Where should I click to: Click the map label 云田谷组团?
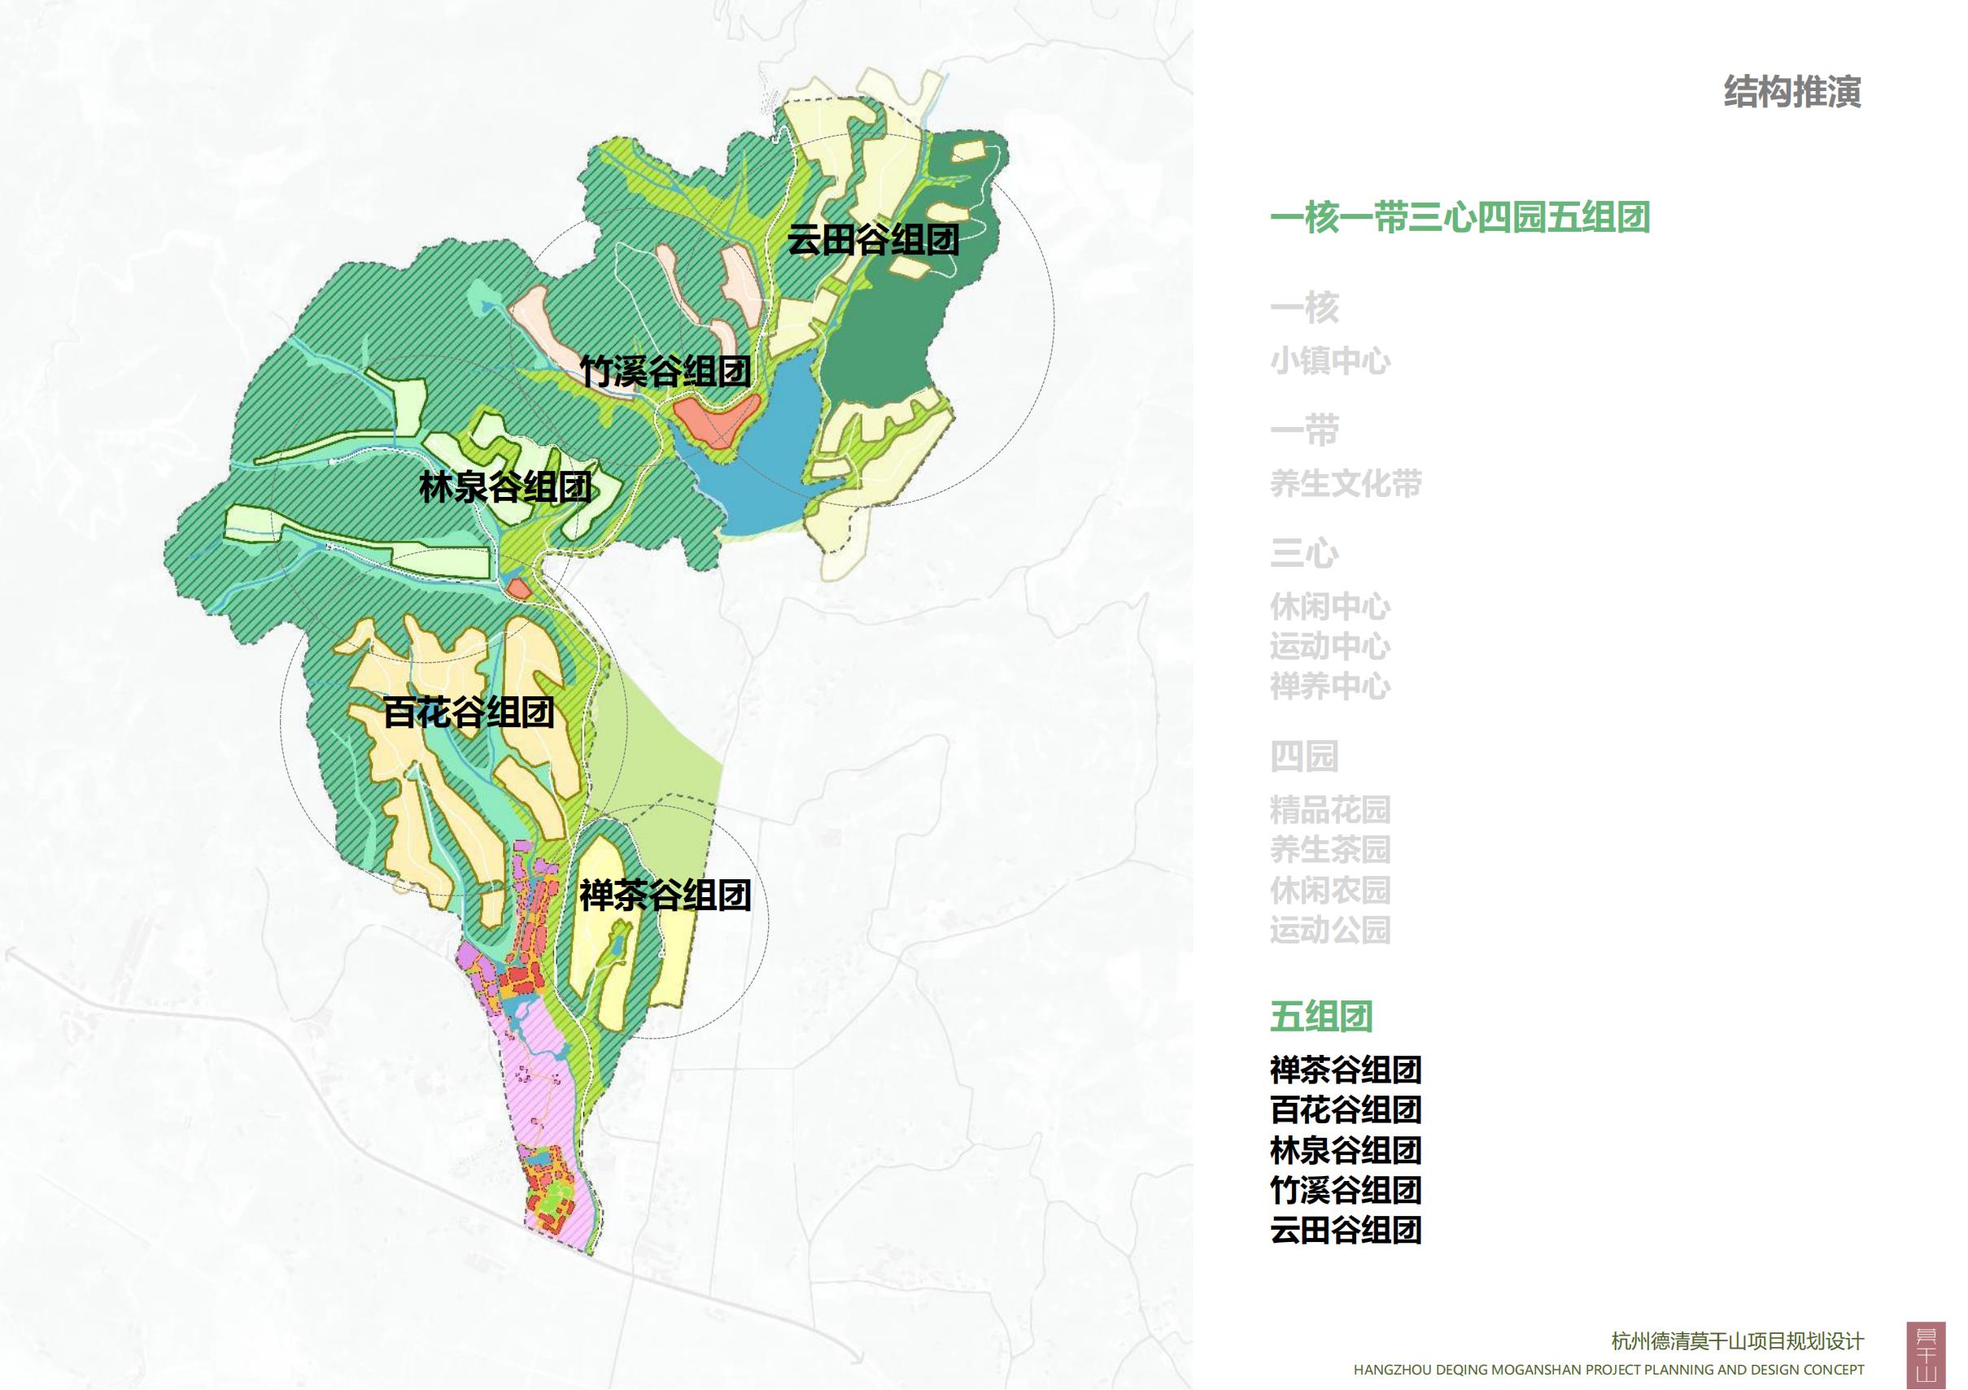coord(873,239)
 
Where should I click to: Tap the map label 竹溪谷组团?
coord(665,371)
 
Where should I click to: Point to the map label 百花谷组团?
coord(468,712)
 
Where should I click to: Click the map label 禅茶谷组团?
coord(665,895)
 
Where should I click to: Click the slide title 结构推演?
coord(1791,92)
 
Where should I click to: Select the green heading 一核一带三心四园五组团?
coord(1460,218)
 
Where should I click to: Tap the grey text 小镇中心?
coord(1329,361)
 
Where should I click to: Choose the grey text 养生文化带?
coord(1345,483)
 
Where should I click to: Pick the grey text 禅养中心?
coord(1329,686)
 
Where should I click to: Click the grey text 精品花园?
coord(1329,809)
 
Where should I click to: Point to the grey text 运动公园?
coord(1329,930)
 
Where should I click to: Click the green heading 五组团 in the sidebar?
coord(1321,1017)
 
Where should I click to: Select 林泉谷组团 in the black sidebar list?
coord(1345,1150)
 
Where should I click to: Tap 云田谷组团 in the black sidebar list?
coord(1345,1231)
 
